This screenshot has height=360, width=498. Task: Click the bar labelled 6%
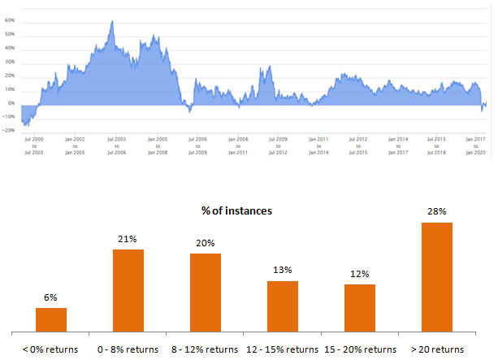pos(51,319)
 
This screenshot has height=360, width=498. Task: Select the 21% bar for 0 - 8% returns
pos(128,290)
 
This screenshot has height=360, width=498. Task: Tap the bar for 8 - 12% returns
pos(206,293)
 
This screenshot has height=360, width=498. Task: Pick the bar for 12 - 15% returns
pos(283,306)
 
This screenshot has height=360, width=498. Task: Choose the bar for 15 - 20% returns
pos(360,308)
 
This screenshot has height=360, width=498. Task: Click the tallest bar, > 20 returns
pos(436,277)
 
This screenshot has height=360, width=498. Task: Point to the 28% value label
pos(437,211)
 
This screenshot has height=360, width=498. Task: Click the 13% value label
pos(283,271)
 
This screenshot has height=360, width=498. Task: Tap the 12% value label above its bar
pos(360,274)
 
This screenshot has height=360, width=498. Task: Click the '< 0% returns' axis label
pos(50,349)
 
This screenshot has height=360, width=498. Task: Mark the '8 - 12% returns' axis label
pos(206,349)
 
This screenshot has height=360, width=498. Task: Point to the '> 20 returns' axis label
pos(437,349)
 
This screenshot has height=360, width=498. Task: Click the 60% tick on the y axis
pos(11,34)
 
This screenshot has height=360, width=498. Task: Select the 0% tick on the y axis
pos(12,104)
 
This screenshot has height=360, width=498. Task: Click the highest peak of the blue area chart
pos(111,21)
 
